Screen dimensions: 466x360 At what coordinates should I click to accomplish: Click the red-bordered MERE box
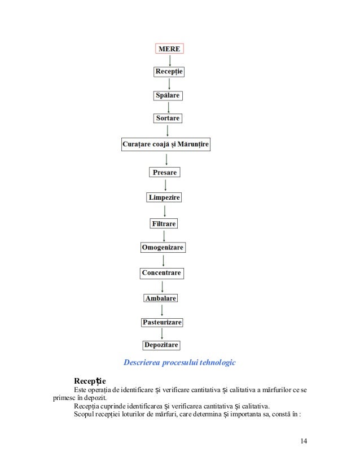pos(170,49)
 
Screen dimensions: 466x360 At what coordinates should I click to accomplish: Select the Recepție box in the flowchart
pos(169,72)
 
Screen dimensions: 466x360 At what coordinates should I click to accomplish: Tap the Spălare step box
pos(168,95)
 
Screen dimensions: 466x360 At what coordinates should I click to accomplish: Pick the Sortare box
pos(168,118)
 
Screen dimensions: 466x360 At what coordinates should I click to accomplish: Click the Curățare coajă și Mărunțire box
pos(166,145)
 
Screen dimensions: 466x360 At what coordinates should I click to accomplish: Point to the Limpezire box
pos(164,197)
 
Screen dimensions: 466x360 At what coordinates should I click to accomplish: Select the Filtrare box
pos(164,223)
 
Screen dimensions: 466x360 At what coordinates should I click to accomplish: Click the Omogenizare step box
pos(163,248)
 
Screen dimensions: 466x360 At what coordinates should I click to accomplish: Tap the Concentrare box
pos(162,273)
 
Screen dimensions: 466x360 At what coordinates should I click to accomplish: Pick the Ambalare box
pos(161,298)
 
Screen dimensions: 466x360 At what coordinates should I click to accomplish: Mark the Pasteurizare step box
pos(162,322)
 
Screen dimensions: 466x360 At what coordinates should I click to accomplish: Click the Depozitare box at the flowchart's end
pos(161,345)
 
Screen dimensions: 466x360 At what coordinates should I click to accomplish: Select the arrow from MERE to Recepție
pos(169,60)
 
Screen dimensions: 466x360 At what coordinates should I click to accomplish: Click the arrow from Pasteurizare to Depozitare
pos(162,333)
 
